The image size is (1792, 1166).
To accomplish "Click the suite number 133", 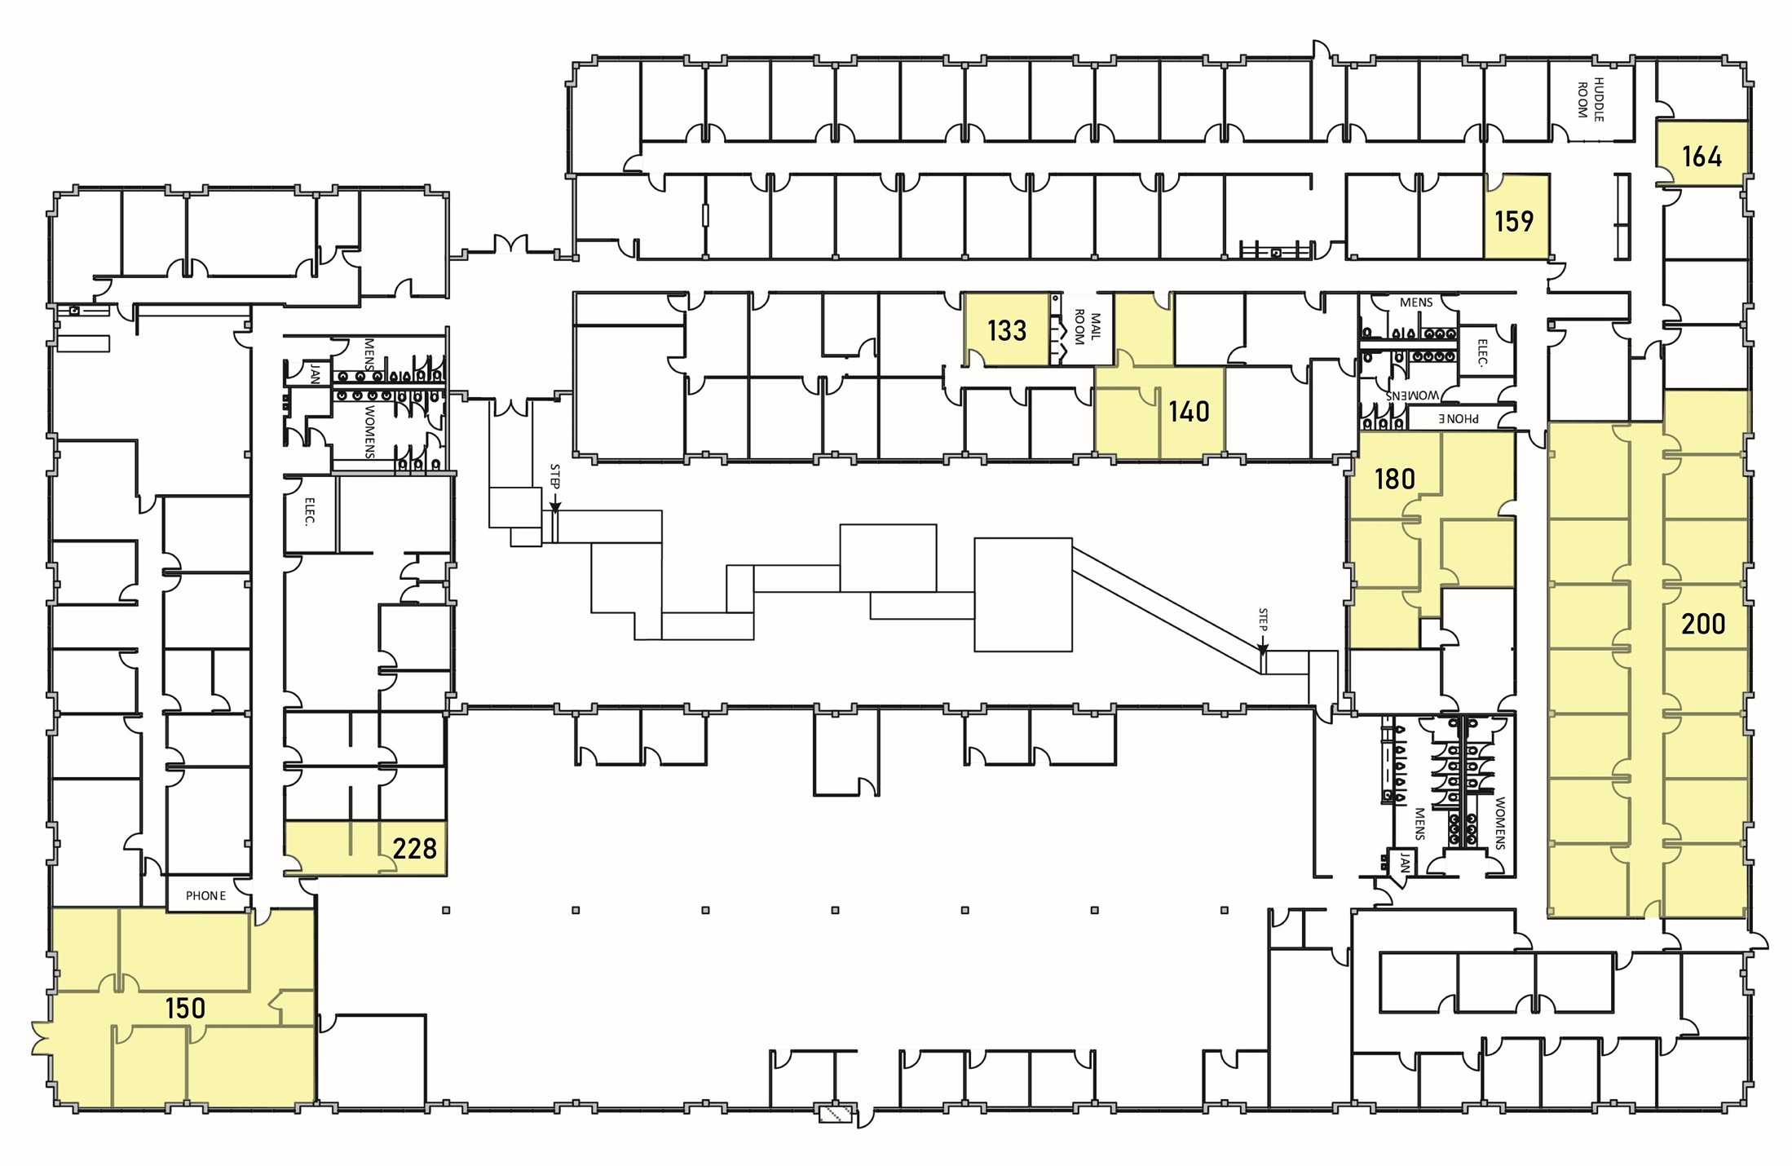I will click(1006, 330).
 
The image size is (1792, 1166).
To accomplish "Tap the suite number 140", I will click(1189, 411).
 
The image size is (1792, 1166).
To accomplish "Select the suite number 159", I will click(1514, 221).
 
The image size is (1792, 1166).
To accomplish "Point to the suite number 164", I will click(1702, 156).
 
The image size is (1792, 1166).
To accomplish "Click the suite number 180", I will click(1394, 479).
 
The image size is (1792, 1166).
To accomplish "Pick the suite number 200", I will click(1703, 625).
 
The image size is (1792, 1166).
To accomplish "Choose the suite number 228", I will click(414, 849).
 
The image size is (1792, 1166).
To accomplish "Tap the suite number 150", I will click(185, 1009).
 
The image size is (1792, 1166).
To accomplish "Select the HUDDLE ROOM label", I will click(1590, 100).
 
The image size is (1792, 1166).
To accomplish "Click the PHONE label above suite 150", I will click(205, 895).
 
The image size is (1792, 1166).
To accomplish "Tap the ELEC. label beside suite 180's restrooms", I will click(1482, 353).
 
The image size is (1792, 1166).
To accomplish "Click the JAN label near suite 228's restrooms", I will click(315, 374).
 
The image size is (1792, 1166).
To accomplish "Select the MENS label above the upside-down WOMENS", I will click(1415, 303).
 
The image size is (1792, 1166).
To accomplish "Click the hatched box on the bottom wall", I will click(836, 1114).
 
